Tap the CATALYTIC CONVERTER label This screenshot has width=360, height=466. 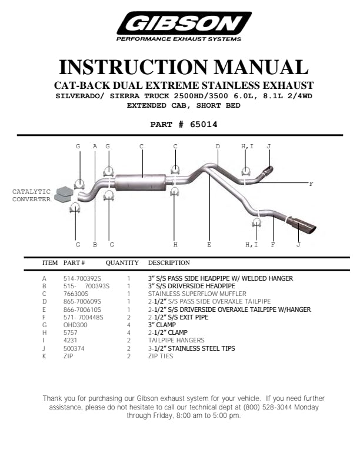(31, 195)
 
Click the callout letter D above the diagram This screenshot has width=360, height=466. (218, 146)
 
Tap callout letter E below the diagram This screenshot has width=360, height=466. (209, 244)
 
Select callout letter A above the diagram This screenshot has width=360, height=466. (95, 146)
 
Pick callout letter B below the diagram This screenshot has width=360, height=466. (95, 244)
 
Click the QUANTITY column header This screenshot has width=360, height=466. (122, 262)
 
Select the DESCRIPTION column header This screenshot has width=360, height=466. (169, 262)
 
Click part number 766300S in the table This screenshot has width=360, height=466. (76, 293)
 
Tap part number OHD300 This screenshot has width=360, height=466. (75, 325)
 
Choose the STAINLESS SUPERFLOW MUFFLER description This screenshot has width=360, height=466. (197, 293)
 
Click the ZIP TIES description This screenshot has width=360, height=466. (161, 356)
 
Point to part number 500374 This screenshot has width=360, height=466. (75, 348)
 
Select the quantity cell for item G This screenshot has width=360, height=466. (128, 325)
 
